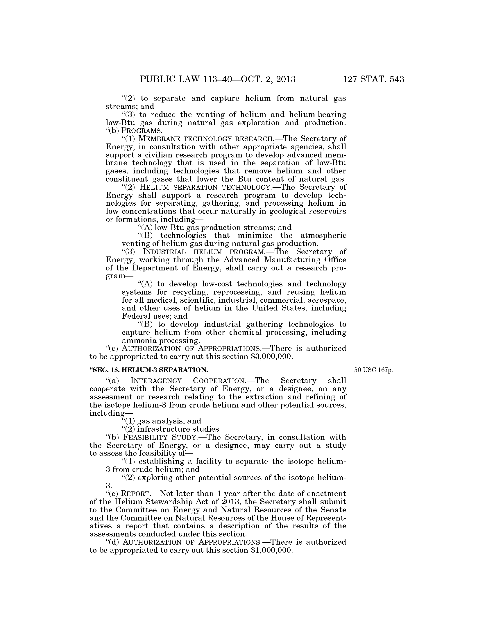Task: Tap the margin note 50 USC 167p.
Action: pos(373,370)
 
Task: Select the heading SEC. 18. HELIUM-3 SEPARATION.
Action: pos(150,370)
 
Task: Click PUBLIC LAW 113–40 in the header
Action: pos(188,79)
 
